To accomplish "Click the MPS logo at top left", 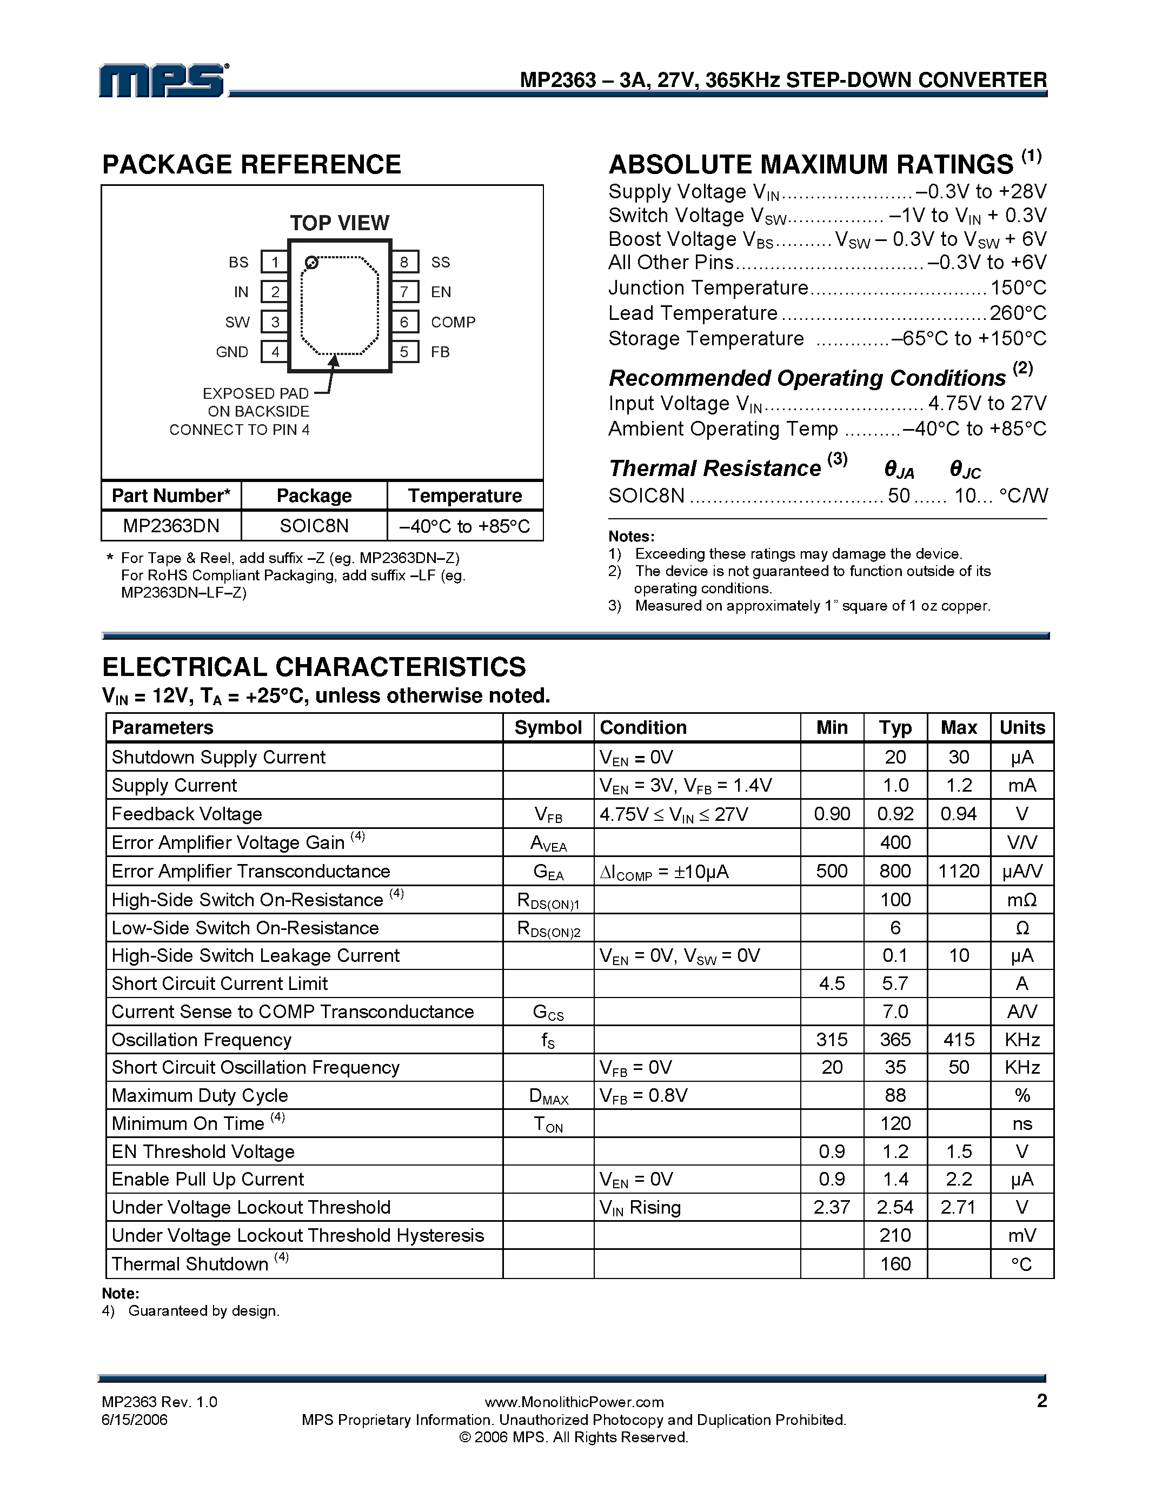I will pyautogui.click(x=163, y=81).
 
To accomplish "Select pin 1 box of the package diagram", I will pyautogui.click(x=274, y=262).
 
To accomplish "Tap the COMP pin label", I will pyautogui.click(x=453, y=322).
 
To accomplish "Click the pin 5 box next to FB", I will pyautogui.click(x=404, y=352).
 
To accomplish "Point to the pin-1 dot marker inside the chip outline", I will pyautogui.click(x=311, y=263).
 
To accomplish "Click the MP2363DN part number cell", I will pyautogui.click(x=171, y=526).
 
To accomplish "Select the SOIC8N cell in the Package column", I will pyautogui.click(x=314, y=526).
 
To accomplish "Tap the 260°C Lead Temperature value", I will pyautogui.click(x=1018, y=313).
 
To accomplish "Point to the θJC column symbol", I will pyautogui.click(x=965, y=470).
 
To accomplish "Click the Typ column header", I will pyautogui.click(x=895, y=727).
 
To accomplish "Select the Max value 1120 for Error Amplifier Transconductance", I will pyautogui.click(x=959, y=871).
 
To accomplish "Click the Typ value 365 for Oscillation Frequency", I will pyautogui.click(x=895, y=1040).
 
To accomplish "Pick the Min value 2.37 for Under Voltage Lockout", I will pyautogui.click(x=832, y=1207).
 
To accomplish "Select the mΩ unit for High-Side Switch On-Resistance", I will pyautogui.click(x=1022, y=900).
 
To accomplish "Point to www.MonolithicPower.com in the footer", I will pyautogui.click(x=574, y=1402).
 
